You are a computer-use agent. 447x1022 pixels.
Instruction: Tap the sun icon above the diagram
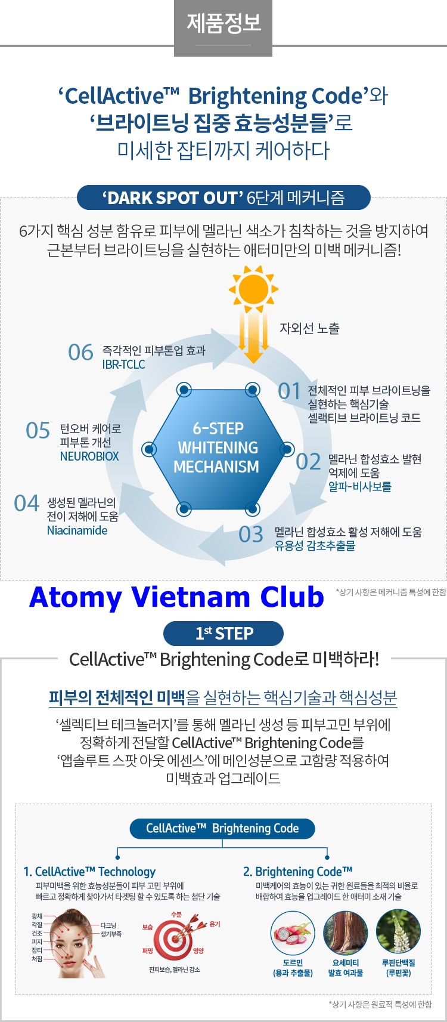pyautogui.click(x=253, y=288)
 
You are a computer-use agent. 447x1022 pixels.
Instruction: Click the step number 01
pyautogui.click(x=289, y=391)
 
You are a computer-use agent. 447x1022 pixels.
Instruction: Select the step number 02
pyautogui.click(x=308, y=462)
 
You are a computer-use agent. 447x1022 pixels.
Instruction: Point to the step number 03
pyautogui.click(x=251, y=534)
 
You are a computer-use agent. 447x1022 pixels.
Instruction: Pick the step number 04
pyautogui.click(x=26, y=504)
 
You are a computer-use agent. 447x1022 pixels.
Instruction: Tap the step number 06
pyautogui.click(x=80, y=353)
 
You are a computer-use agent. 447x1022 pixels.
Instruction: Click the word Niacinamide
pyautogui.click(x=77, y=530)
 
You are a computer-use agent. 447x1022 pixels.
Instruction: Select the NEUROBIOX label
pyautogui.click(x=89, y=456)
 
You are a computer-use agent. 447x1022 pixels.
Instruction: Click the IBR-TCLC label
pyautogui.click(x=123, y=365)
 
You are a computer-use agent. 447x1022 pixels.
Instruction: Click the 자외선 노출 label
pyautogui.click(x=309, y=328)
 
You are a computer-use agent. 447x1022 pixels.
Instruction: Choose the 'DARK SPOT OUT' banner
pyautogui.click(x=223, y=197)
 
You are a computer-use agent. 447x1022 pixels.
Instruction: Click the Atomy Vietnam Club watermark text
pyautogui.click(x=176, y=597)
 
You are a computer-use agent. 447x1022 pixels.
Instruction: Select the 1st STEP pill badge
pyautogui.click(x=223, y=634)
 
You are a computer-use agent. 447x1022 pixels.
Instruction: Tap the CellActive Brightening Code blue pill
pyautogui.click(x=222, y=828)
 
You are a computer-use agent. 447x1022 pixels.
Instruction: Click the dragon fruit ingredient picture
pyautogui.click(x=293, y=933)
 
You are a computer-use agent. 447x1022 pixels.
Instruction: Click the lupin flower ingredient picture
pyautogui.click(x=398, y=933)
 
